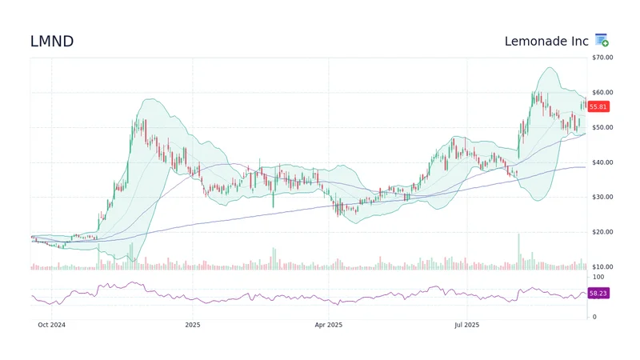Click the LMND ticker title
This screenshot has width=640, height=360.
52,42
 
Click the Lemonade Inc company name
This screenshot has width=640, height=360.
546,41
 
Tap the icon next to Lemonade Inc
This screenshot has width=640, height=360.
602,41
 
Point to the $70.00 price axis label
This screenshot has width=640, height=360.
602,58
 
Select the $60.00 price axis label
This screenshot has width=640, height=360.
602,93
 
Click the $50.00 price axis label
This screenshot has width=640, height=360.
602,127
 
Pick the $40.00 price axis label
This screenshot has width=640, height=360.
602,162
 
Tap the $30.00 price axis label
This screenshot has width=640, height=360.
602,197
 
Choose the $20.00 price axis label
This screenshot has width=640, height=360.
602,232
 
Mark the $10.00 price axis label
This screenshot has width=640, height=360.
602,266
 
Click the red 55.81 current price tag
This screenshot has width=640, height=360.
598,106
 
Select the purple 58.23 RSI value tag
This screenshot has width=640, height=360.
598,294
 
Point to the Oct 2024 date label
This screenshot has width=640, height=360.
52,325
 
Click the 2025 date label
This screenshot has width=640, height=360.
192,325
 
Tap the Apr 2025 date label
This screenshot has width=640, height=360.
329,325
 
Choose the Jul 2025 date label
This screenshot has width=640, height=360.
466,325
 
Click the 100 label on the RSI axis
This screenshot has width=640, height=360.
596,276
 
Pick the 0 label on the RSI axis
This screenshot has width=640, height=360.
593,317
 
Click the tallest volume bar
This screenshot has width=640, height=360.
518,251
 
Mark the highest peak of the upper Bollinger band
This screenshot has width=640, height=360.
548,68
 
